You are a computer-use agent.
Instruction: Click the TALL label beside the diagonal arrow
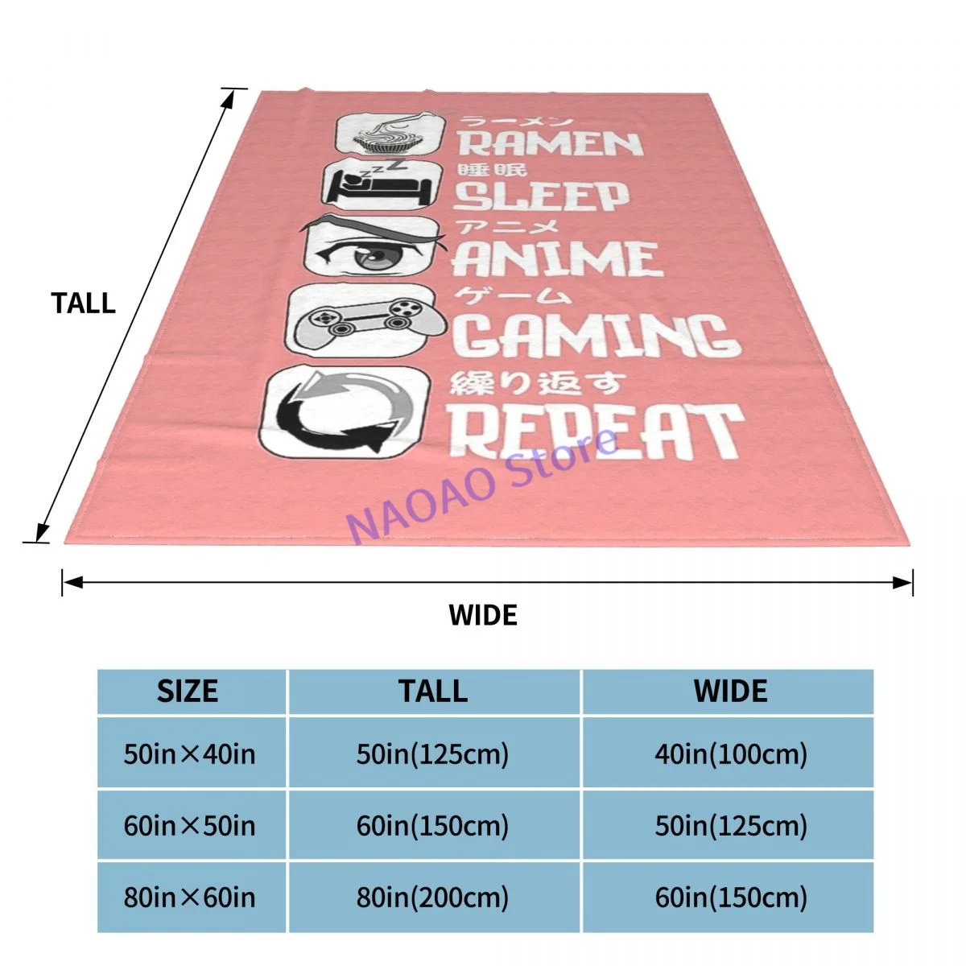tap(84, 303)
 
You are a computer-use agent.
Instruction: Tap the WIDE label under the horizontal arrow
tap(483, 615)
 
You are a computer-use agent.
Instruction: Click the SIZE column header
tap(188, 691)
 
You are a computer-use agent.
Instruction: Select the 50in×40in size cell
tap(190, 754)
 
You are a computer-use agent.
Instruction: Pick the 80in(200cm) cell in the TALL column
tap(433, 897)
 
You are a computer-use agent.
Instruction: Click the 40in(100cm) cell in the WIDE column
tap(731, 754)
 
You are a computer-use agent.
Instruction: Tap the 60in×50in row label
tap(190, 826)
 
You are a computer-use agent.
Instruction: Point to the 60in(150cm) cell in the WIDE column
tap(731, 897)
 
